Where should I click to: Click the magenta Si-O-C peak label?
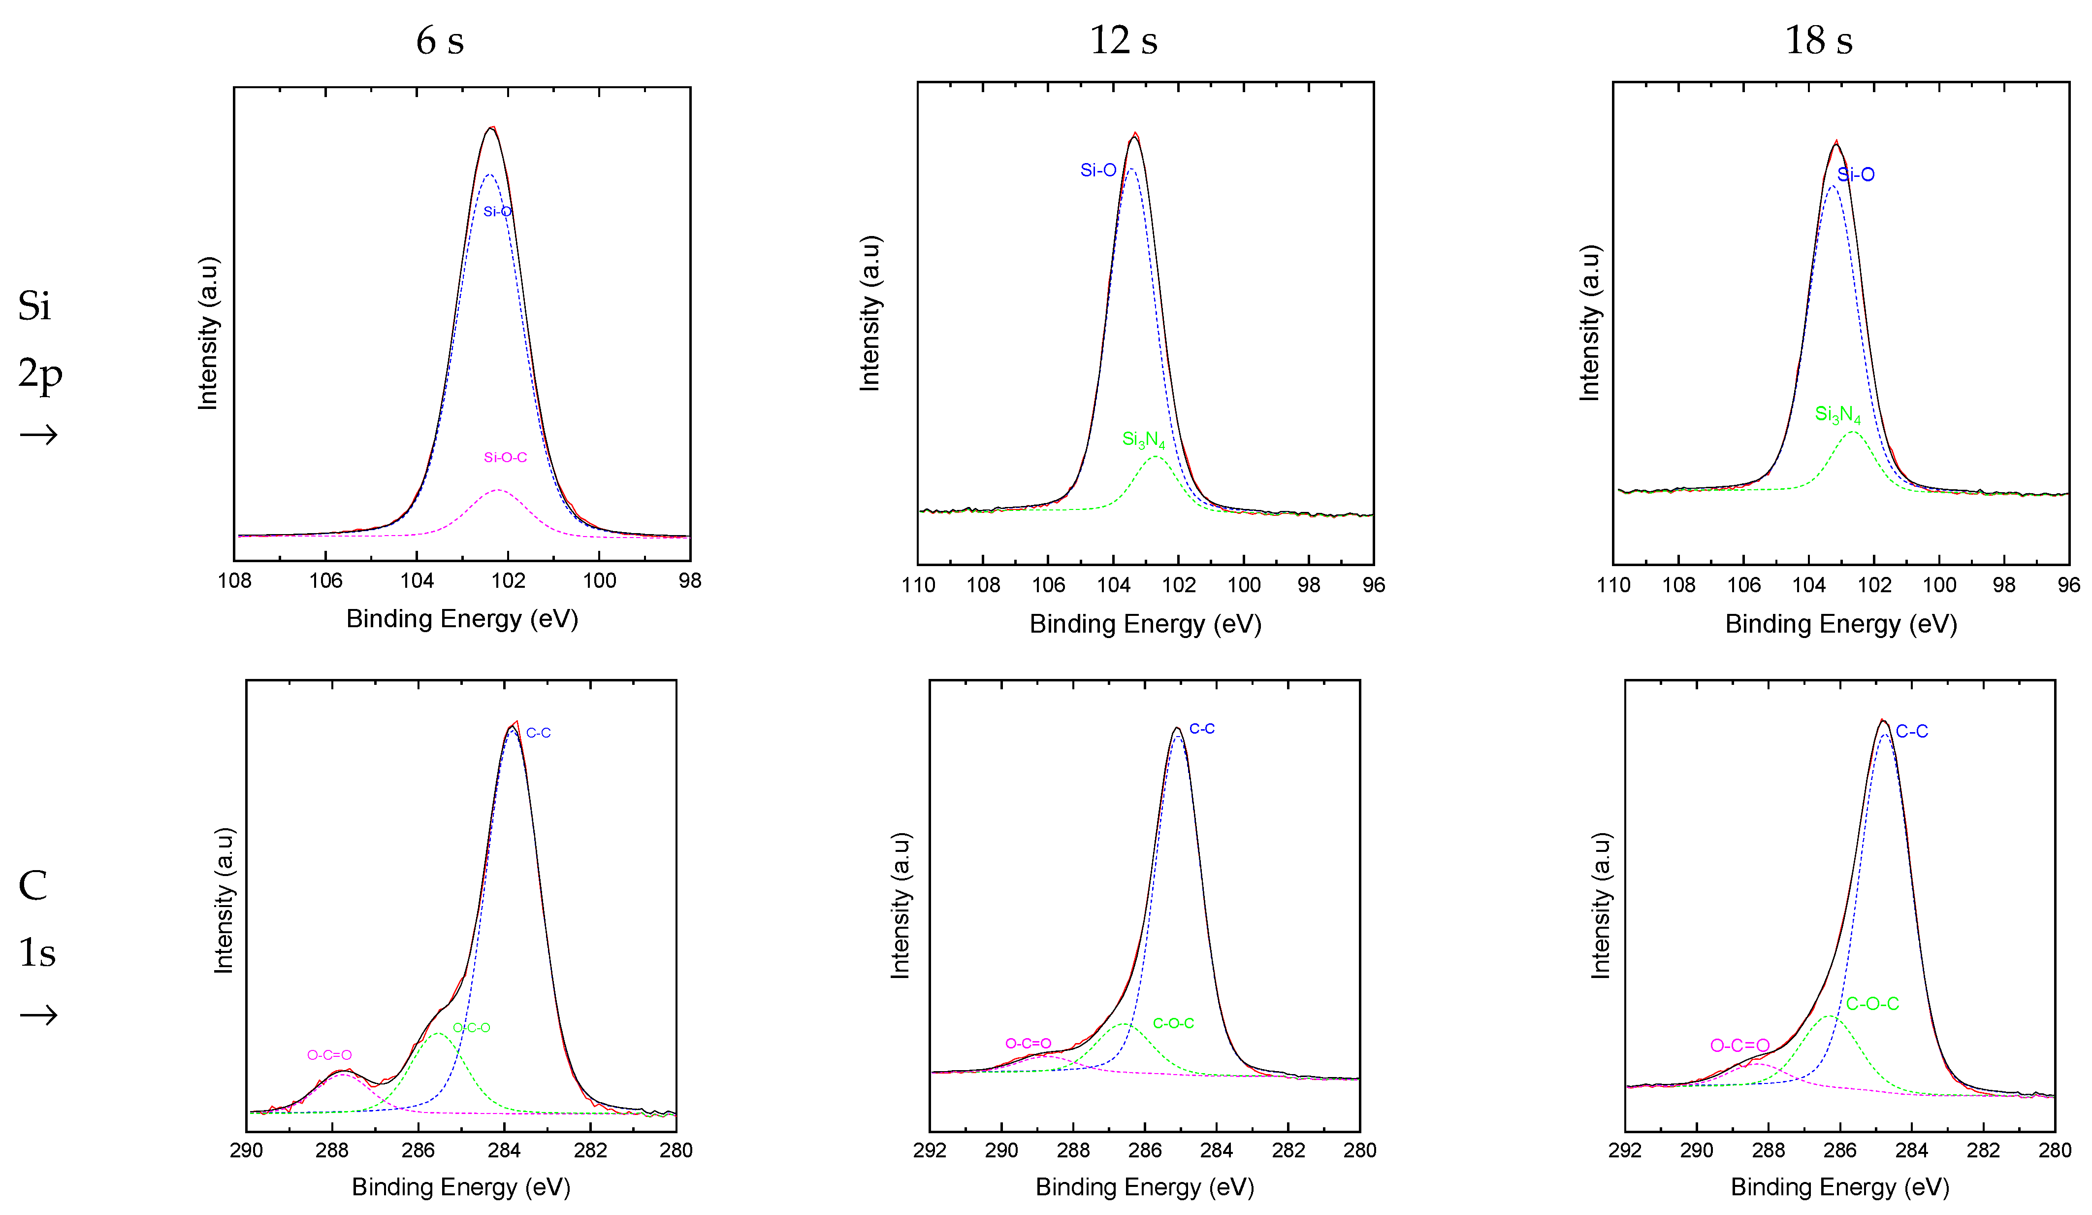point(505,458)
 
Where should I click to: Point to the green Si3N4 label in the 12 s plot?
point(1143,440)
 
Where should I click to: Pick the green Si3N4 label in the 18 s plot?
point(1837,414)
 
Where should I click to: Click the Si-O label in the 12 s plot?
point(1097,170)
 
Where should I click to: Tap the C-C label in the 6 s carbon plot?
point(538,733)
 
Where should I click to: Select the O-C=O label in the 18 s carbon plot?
point(1739,1046)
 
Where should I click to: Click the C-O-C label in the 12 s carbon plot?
point(1173,1023)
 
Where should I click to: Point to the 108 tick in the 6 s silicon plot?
point(235,580)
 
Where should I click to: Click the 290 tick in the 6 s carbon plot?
point(247,1150)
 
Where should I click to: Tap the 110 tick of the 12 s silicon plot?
point(918,585)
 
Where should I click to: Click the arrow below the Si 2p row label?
point(38,435)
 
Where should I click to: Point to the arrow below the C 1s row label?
point(38,1015)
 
